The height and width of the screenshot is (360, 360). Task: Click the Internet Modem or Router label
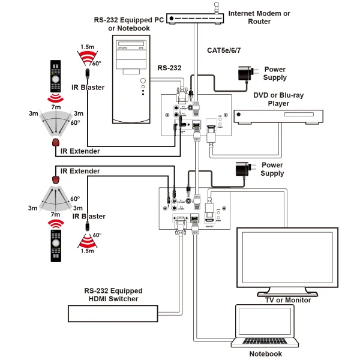(259, 17)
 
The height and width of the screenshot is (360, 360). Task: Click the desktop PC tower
(132, 78)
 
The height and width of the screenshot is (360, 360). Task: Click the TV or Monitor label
(287, 299)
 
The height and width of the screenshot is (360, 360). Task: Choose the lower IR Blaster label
(89, 216)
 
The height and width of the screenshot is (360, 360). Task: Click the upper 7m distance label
(56, 106)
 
